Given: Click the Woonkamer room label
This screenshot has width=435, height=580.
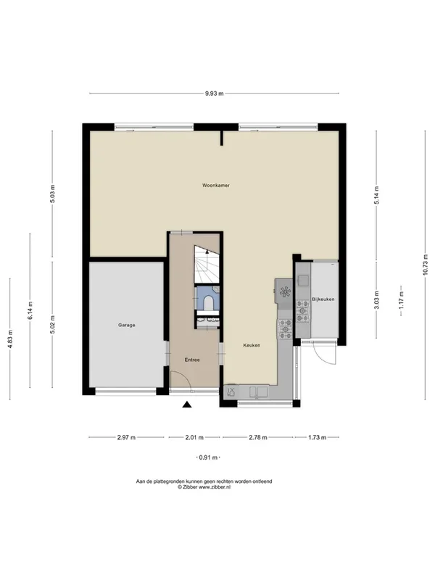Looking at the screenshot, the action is (215, 186).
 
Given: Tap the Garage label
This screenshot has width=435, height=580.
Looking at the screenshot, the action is (126, 325).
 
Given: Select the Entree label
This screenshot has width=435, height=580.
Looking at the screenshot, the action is (192, 360).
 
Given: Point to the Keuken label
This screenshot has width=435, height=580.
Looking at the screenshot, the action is (252, 345).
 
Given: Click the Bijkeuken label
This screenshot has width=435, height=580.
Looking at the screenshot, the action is (323, 299).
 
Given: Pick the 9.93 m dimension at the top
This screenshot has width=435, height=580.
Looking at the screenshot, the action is (215, 94).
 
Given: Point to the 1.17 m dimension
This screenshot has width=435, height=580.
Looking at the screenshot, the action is (401, 300).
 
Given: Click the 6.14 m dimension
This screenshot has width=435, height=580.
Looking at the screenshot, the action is (30, 311).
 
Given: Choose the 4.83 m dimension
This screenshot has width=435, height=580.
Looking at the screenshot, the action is (10, 339).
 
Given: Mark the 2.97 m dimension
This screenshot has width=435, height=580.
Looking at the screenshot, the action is (126, 438).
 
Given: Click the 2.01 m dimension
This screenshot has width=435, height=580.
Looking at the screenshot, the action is (194, 438).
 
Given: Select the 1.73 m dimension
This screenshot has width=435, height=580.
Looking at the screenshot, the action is (318, 438).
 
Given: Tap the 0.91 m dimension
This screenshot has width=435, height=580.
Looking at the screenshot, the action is (208, 457).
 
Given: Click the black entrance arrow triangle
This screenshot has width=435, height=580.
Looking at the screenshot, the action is (187, 405).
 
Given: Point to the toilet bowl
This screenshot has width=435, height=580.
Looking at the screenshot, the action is (209, 302).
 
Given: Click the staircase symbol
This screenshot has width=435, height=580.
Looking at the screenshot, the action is (207, 264).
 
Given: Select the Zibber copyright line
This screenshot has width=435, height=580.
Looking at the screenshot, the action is (204, 487).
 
